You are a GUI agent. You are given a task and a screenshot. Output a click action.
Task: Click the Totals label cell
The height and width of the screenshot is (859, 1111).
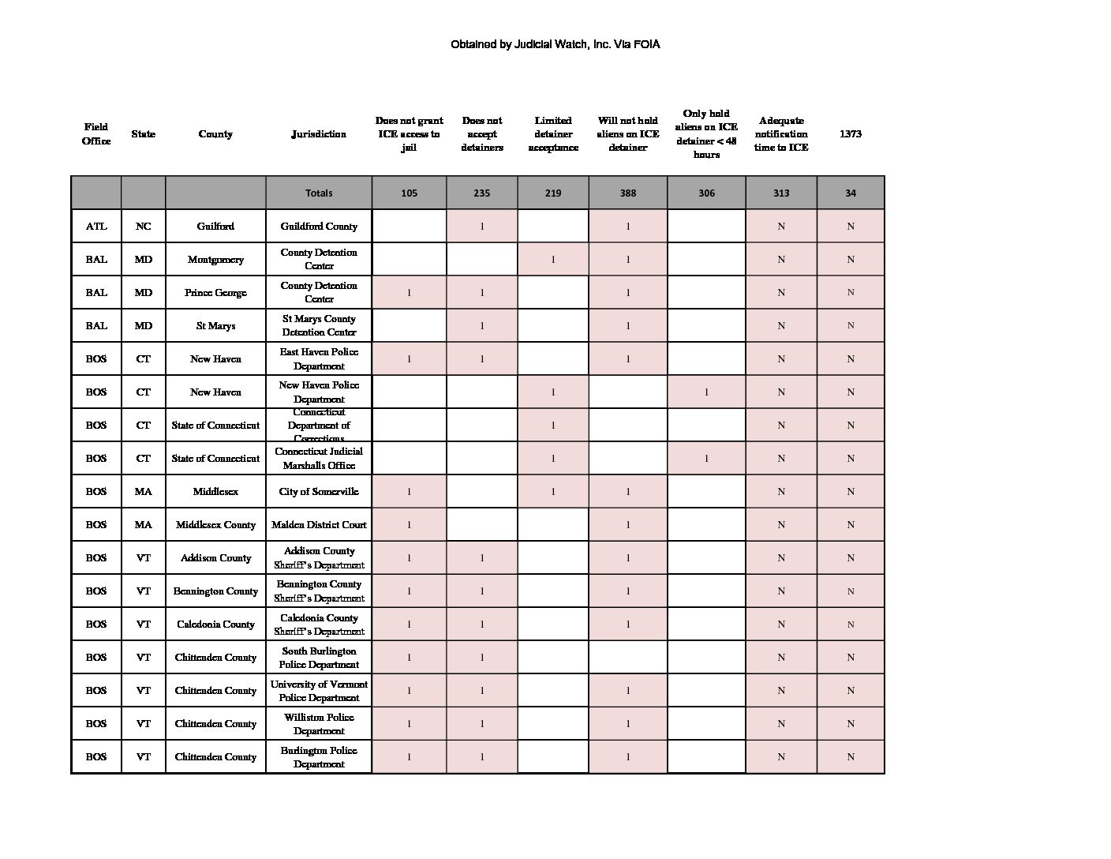point(319,193)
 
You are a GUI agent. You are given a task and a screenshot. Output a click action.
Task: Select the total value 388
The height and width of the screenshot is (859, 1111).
point(627,193)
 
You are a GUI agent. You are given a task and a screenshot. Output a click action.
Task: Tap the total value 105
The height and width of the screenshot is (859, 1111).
point(409,193)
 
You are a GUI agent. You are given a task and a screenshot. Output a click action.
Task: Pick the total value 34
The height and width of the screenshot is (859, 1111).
point(850,193)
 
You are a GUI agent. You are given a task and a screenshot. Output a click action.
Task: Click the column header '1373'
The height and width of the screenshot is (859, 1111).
point(850,134)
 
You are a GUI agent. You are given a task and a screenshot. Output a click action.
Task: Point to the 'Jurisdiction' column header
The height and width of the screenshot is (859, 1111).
point(319,134)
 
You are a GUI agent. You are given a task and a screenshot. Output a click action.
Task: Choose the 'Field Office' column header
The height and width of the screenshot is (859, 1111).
point(96,134)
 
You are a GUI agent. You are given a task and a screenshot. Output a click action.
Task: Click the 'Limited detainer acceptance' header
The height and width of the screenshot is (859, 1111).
point(552,134)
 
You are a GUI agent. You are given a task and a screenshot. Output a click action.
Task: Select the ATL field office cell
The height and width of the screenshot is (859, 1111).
point(96,227)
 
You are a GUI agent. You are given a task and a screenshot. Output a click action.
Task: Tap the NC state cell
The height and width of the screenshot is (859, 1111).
point(143,227)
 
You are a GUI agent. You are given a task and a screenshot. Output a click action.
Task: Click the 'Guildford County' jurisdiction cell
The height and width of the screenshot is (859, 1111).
point(319,227)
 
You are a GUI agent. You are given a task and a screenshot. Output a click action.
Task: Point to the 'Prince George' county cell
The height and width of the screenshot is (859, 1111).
point(215,293)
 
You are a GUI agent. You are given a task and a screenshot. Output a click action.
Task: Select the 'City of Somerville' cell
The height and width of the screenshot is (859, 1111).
point(319,492)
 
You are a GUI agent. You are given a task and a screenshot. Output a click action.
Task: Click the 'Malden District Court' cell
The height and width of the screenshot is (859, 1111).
point(319,525)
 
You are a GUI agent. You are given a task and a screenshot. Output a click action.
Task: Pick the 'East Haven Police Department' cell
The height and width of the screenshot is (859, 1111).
point(319,359)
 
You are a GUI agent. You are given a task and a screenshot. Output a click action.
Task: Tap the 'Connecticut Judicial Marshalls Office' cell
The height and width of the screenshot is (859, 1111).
point(319,459)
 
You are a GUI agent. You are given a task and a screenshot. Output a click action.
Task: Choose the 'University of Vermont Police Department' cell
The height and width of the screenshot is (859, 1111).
point(319,691)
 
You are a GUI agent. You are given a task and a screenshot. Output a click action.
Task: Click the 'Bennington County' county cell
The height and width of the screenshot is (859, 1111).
point(215,591)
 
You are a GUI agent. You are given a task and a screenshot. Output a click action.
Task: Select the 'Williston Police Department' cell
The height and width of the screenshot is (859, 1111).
point(319,724)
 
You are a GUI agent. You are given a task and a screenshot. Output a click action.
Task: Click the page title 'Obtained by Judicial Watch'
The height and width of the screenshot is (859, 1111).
point(555,45)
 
